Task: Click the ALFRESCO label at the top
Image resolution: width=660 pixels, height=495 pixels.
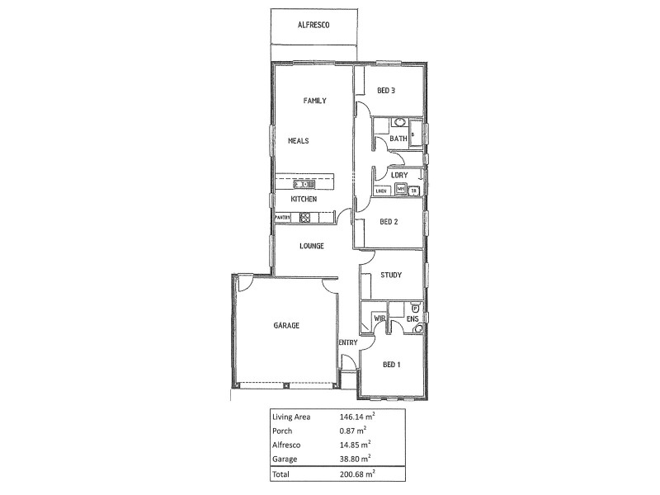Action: [313, 26]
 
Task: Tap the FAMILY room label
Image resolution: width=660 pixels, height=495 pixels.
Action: [314, 101]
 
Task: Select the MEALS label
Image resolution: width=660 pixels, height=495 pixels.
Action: [298, 141]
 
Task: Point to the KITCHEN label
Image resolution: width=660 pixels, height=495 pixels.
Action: [304, 200]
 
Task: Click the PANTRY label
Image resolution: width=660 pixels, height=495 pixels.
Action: [284, 218]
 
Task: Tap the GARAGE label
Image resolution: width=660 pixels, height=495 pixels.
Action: [286, 326]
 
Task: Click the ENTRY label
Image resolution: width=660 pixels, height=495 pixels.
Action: [347, 342]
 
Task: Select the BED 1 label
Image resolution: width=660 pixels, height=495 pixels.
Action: [391, 365]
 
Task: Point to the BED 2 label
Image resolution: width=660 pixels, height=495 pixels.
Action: [389, 221]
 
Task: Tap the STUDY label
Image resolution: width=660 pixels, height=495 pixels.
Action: [390, 275]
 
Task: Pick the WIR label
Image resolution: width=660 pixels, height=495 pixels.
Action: [380, 318]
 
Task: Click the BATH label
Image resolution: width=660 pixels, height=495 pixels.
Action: [398, 139]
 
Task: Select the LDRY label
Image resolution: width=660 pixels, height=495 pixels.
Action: [399, 175]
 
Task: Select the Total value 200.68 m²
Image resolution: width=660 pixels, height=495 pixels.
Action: [358, 474]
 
